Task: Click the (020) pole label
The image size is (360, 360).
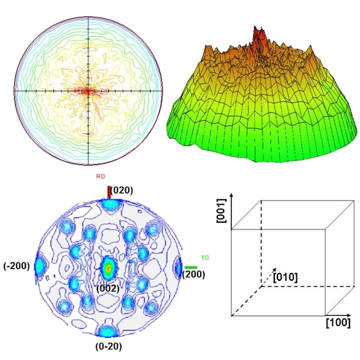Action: click(x=122, y=191)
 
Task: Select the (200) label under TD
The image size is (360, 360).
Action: click(x=194, y=274)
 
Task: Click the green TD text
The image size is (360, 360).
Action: click(x=205, y=258)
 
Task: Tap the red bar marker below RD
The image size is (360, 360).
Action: click(x=108, y=192)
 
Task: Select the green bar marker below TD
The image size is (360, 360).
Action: click(x=191, y=267)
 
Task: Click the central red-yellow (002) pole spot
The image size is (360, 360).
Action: click(x=108, y=268)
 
